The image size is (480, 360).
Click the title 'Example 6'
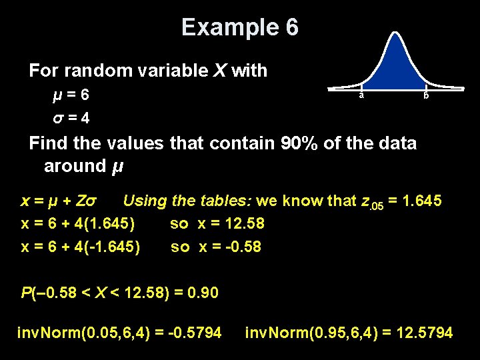coord(240,27)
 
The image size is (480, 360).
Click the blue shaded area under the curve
coord(393,67)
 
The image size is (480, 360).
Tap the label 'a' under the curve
coord(361,95)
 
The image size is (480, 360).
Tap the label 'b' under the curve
coord(426,96)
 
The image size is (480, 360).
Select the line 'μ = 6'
coord(71,95)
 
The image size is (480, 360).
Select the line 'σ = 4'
coord(71,118)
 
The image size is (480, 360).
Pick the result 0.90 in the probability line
coord(204,292)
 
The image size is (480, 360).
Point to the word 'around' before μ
coord(72,165)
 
